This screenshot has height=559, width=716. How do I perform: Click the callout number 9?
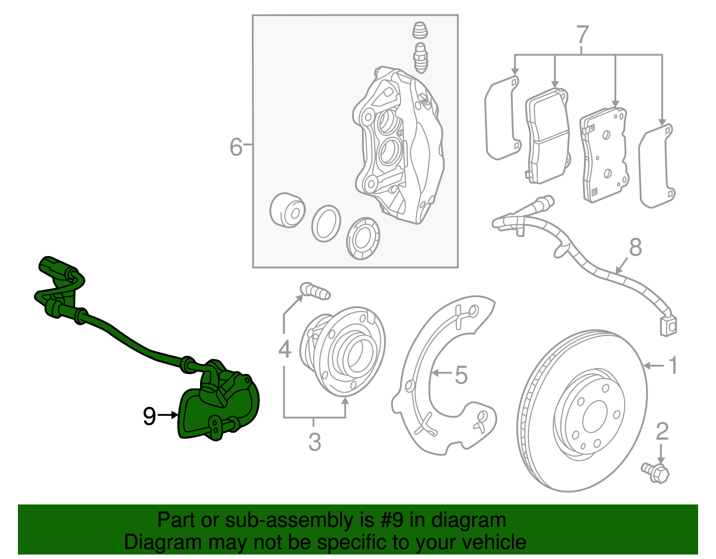point(149,416)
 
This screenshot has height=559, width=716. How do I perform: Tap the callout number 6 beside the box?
point(236,147)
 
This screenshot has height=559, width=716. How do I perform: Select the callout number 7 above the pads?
point(582,34)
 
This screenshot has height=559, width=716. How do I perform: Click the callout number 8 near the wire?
point(635,247)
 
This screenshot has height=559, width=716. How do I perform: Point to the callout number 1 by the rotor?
point(673,366)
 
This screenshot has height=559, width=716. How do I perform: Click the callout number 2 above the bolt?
point(662,431)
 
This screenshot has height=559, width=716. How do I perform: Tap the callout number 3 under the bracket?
point(315,442)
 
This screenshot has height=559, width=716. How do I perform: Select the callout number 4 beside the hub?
point(285,349)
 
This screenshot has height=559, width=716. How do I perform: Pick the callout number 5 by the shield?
point(461,375)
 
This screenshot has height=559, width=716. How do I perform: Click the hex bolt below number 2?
point(656,473)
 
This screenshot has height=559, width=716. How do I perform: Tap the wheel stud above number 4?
point(315,291)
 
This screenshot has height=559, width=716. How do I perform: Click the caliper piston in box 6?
point(287,210)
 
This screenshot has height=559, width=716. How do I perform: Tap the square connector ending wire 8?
point(668,326)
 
